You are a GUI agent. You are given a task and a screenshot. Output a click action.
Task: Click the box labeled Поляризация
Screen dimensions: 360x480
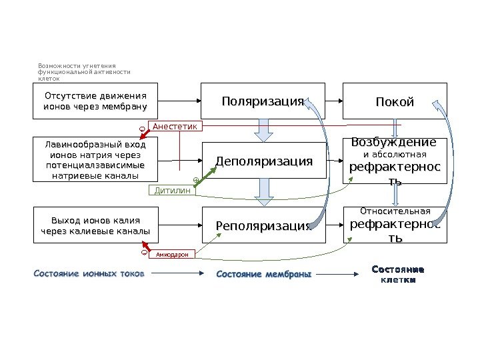263,101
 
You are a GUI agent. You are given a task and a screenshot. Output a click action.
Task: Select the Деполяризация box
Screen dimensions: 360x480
263,161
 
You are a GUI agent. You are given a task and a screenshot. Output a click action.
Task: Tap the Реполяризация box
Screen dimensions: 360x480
263,225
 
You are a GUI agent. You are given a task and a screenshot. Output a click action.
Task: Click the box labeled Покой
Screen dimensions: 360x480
395,101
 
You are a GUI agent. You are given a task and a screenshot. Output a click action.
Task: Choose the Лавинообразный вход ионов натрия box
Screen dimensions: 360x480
95,160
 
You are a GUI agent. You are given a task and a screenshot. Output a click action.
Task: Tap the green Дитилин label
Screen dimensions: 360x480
172,191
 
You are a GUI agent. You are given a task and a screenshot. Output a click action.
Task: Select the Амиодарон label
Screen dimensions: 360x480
172,254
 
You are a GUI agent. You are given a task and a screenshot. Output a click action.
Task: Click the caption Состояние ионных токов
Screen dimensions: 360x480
87,273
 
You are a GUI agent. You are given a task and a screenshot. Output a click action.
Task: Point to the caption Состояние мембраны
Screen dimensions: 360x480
264,274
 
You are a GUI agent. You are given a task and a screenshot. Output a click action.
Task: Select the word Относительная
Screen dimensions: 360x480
396,212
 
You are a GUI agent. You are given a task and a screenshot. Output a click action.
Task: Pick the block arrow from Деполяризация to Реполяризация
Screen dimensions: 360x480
264,193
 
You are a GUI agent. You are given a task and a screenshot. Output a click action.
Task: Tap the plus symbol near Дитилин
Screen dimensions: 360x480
195,180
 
